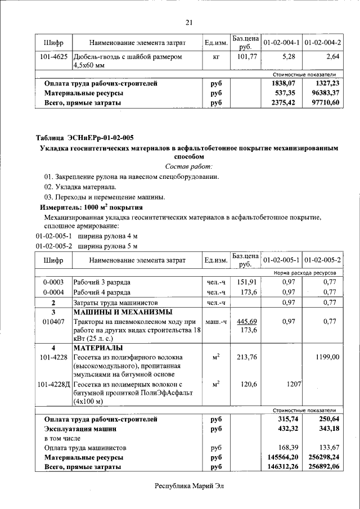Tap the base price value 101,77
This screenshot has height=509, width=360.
pos(246,57)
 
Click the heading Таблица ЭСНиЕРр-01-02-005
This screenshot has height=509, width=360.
pos(84,138)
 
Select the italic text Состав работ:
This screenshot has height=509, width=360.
pos(189,166)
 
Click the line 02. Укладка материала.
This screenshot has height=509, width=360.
pos(80,186)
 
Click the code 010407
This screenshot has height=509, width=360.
pos(53,321)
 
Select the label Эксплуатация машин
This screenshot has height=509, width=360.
pos(80,429)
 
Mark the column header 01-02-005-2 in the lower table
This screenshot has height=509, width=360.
pos(322,260)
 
